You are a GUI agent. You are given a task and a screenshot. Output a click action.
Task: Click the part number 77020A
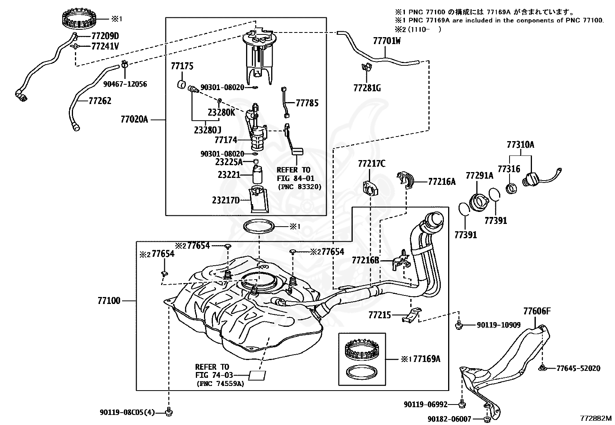(x=134, y=119)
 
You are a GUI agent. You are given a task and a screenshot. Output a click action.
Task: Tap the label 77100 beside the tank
(x=109, y=300)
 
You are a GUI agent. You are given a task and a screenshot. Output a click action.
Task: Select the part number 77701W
(x=387, y=41)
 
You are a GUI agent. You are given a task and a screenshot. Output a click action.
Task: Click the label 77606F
(x=537, y=311)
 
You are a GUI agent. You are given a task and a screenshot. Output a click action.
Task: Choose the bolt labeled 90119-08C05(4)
(x=169, y=412)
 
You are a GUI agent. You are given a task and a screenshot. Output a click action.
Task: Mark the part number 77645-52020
(x=578, y=368)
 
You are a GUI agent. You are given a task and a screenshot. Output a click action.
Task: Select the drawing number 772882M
(x=596, y=418)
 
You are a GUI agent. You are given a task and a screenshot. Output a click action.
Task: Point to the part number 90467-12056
(x=125, y=84)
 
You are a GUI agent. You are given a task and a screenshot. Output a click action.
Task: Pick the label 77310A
(x=520, y=145)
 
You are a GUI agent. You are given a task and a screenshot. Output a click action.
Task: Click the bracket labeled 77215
(x=411, y=315)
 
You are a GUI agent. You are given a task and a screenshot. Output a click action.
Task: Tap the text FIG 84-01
(x=296, y=178)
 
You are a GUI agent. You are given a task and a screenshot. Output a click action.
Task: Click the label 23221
(x=229, y=174)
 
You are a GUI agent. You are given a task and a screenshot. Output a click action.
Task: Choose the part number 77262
(x=100, y=101)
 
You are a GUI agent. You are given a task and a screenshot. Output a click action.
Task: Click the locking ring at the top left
(x=79, y=19)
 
